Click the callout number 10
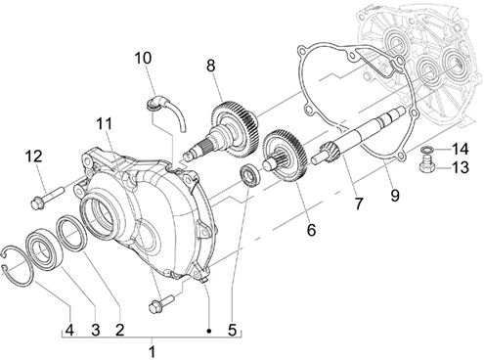(x=143, y=58)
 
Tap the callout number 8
(x=211, y=66)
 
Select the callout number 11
(x=105, y=123)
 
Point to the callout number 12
(x=34, y=157)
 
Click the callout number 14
(x=460, y=149)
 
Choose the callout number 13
(x=460, y=167)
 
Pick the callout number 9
(x=395, y=196)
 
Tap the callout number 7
(x=358, y=203)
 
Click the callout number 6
(x=311, y=230)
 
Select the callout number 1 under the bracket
(x=152, y=352)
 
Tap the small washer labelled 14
(x=426, y=150)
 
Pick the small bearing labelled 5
(x=250, y=176)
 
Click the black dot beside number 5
(x=209, y=331)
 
